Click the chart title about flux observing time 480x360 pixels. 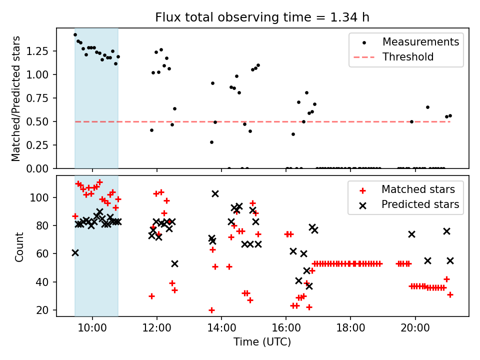pyautogui.click(x=262, y=18)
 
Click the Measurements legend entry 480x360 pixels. pyautogui.click(x=420, y=42)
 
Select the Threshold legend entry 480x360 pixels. pyautogui.click(x=407, y=57)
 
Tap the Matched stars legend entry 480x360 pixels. pyautogui.click(x=418, y=189)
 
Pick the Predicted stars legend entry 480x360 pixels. pyautogui.click(x=420, y=204)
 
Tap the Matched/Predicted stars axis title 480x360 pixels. pyautogui.click(x=16, y=98)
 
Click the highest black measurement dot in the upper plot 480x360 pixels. pyautogui.click(x=75, y=34)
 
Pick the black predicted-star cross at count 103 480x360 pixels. pyautogui.click(x=215, y=193)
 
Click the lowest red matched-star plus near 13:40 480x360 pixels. pyautogui.click(x=211, y=310)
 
